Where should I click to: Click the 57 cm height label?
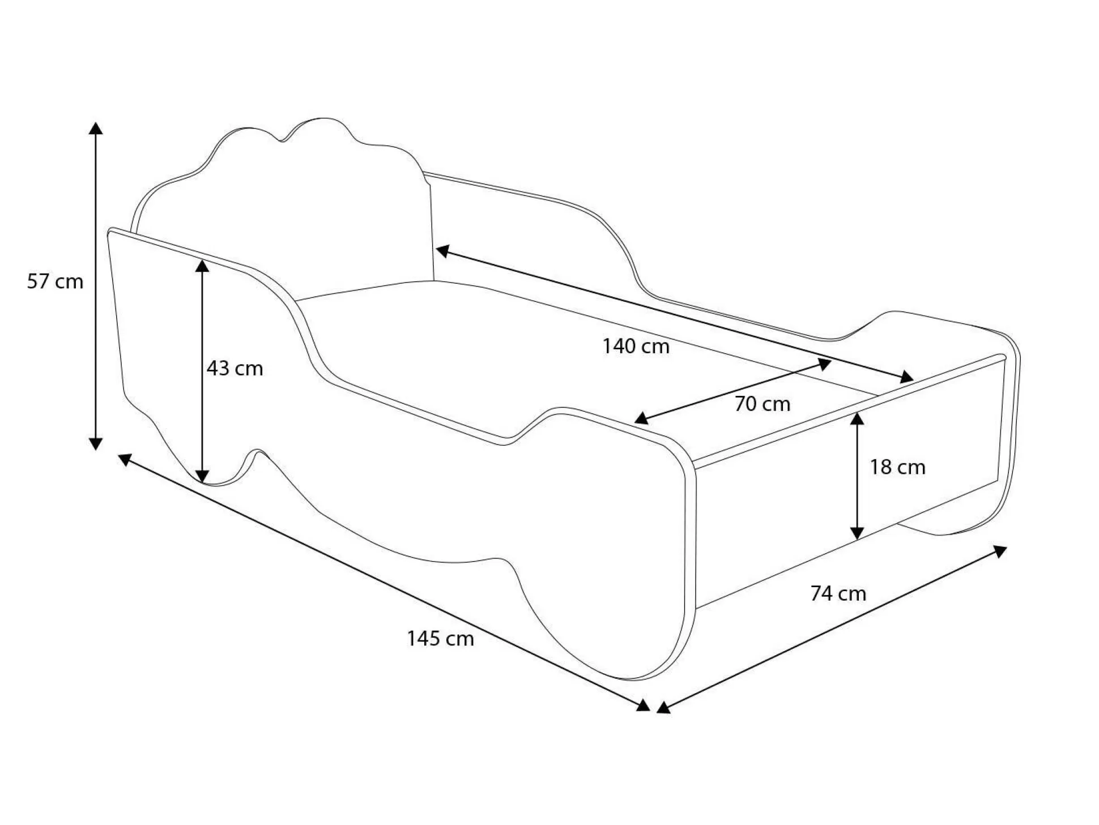point(55,281)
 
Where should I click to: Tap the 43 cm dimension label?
point(235,369)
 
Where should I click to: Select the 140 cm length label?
point(636,346)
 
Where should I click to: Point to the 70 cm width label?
point(762,404)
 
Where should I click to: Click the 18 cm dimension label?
point(897,467)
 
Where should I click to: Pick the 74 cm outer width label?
point(838,593)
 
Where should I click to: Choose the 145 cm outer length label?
point(440,639)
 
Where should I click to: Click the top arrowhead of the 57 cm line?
point(96,128)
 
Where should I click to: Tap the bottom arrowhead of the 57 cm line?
point(96,443)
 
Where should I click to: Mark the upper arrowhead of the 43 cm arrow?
point(202,266)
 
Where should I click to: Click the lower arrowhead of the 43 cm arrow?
point(202,477)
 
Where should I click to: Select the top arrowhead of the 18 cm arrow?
point(857,419)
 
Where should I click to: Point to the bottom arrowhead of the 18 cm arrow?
point(857,532)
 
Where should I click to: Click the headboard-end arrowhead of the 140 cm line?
point(442,250)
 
